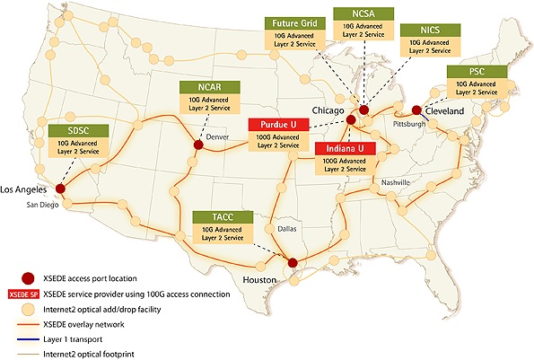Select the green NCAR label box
coord(199,87)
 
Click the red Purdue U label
coord(279,125)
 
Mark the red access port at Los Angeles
coord(60,189)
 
